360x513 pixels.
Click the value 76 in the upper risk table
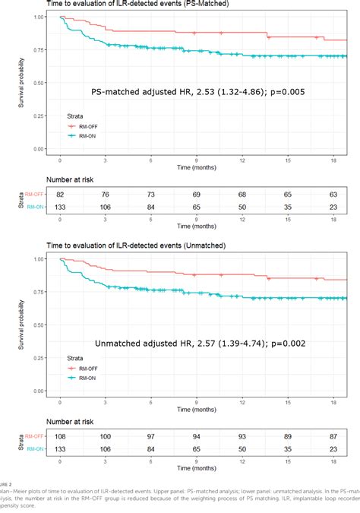tap(106, 195)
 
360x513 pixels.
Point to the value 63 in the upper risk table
tap(333, 195)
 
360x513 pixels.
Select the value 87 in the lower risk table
tap(333, 437)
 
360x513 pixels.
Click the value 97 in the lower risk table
tap(151, 437)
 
